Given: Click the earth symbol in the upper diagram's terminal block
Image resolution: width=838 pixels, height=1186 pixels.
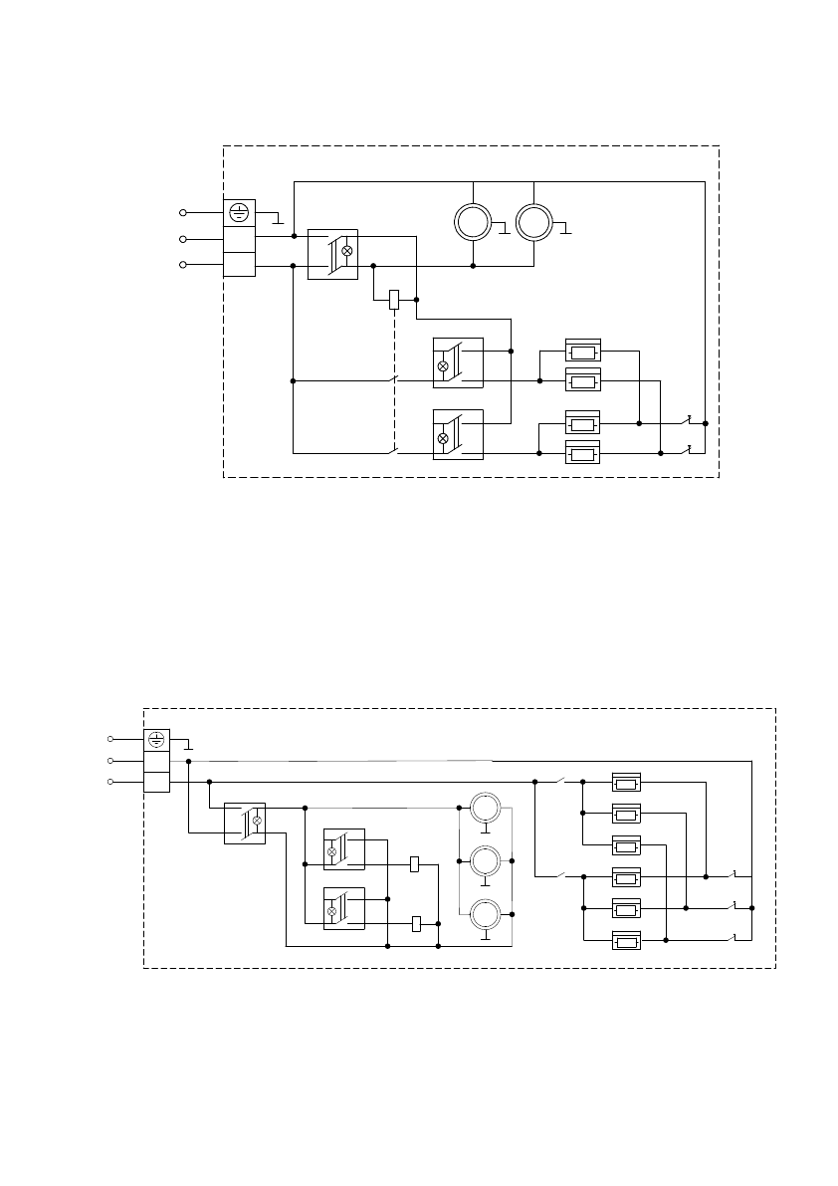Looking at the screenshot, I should (239, 212).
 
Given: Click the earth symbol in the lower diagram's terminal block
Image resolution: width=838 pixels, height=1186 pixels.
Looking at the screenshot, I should (156, 739).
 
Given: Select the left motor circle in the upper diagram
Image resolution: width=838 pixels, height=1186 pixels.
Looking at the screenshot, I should (473, 221).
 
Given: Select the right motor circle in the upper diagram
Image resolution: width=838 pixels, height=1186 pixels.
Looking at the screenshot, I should (534, 221).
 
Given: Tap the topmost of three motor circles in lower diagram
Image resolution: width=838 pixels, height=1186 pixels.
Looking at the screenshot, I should (485, 807).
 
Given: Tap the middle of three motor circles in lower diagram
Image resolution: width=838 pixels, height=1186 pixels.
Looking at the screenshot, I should (485, 860).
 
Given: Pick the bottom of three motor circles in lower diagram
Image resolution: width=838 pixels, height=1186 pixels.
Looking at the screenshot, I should (485, 914).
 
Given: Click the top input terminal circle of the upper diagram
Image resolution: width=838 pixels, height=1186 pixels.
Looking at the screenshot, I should (182, 212).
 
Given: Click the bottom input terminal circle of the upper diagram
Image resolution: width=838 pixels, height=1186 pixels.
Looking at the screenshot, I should (182, 265).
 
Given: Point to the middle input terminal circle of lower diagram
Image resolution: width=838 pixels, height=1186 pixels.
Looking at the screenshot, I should (110, 761).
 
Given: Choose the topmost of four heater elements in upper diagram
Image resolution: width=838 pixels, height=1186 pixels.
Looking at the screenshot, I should (583, 351).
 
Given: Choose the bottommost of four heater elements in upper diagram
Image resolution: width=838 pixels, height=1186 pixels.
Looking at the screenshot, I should (583, 454).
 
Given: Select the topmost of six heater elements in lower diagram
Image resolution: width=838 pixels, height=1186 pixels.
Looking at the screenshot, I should (626, 783).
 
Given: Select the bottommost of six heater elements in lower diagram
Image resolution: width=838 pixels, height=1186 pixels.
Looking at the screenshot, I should (626, 941).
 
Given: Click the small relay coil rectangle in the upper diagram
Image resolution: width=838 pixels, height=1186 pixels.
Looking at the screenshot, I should (394, 299).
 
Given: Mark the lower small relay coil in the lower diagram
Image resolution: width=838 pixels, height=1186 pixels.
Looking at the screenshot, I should (417, 924).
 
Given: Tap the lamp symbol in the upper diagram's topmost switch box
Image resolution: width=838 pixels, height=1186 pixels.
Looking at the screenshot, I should (346, 251).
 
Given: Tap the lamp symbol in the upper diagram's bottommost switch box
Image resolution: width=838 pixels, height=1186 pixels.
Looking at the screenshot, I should (443, 438).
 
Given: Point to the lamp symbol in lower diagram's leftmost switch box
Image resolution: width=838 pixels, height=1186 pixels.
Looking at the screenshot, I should (257, 821).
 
